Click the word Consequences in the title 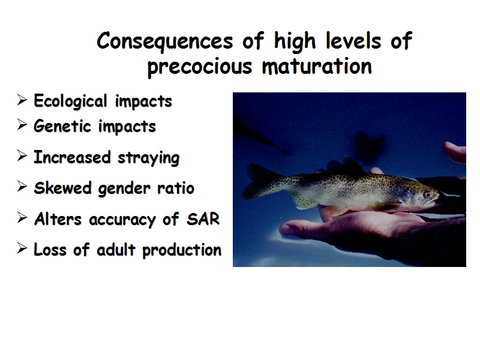(164, 41)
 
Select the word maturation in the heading (317, 66)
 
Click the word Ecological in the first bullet (70, 101)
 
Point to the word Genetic (62, 126)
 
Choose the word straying (148, 158)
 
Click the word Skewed (63, 188)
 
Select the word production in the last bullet (182, 250)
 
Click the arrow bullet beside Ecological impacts (22, 100)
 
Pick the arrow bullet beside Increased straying (22, 156)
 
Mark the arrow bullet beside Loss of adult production (22, 248)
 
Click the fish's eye (428, 194)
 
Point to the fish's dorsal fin (352, 166)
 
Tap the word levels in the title (353, 40)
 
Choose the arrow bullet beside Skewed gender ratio (22, 187)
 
